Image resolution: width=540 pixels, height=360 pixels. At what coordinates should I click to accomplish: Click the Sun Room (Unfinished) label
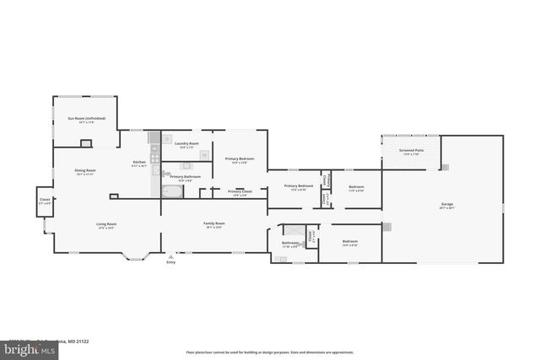(86, 119)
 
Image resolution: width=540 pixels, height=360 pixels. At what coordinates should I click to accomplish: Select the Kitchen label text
(139, 163)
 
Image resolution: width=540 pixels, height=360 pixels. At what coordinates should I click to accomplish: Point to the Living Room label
(105, 224)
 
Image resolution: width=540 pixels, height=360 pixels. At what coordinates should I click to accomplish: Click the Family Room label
(213, 224)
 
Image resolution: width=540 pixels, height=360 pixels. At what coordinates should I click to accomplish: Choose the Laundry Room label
(186, 144)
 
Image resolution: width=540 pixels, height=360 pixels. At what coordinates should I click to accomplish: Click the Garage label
(446, 204)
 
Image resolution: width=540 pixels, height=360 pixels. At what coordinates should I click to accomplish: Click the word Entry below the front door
(171, 263)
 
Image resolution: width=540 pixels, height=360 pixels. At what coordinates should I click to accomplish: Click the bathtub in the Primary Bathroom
(171, 191)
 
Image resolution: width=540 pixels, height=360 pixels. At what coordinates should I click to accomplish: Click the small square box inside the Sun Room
(86, 143)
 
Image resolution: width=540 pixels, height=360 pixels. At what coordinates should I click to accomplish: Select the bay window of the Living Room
(135, 254)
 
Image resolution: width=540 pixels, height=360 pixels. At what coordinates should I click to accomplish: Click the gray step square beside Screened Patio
(445, 167)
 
